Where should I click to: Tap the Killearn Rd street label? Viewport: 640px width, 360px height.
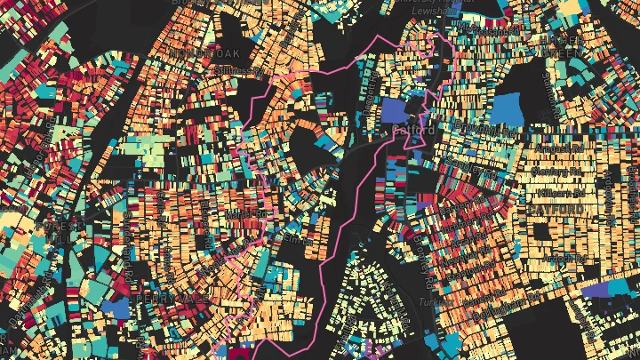558,191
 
